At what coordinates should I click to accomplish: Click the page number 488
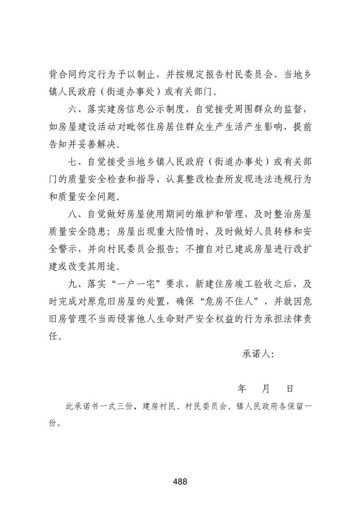(180, 481)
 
